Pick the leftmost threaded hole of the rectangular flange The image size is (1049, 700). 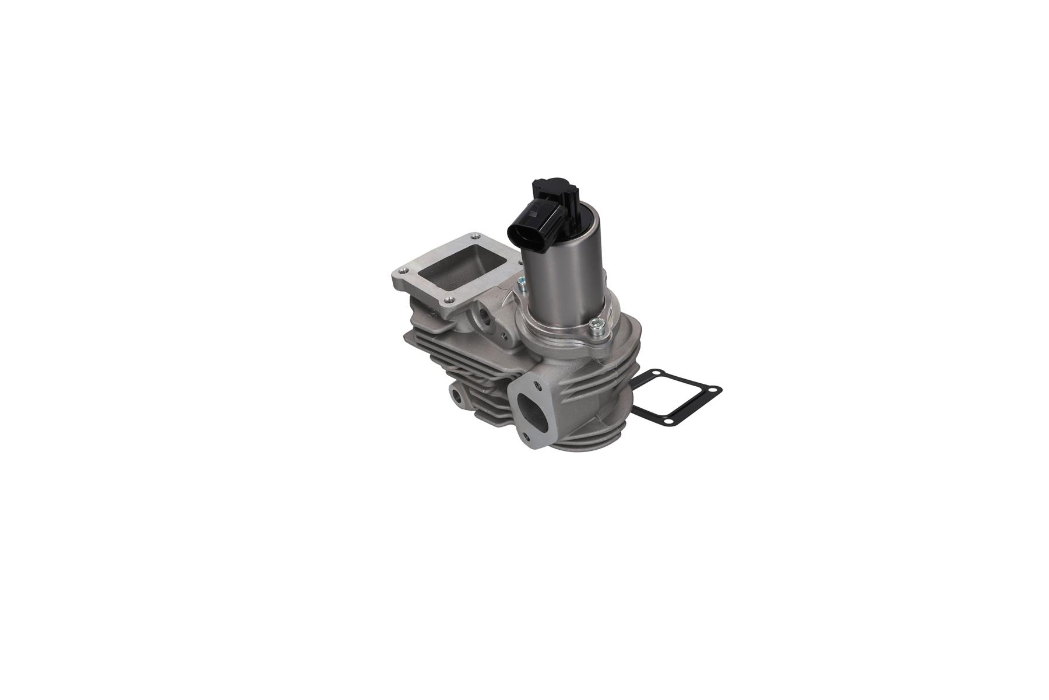pos(401,271)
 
